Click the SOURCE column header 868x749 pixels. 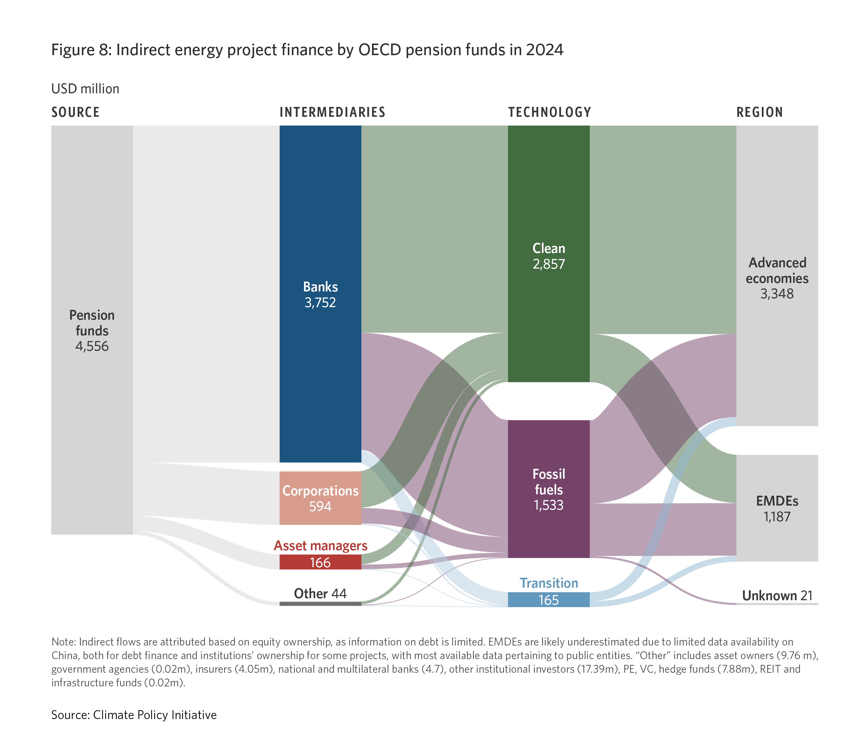[x=76, y=112]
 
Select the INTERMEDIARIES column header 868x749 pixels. [x=332, y=112]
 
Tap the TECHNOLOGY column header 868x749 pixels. [x=550, y=112]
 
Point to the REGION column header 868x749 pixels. [x=759, y=112]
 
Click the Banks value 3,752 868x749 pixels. [x=320, y=302]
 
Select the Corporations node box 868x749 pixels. [x=320, y=498]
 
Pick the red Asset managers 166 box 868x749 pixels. [x=320, y=562]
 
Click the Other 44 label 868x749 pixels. [x=320, y=594]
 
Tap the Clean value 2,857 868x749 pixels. [x=549, y=264]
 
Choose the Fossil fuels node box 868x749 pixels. [x=549, y=489]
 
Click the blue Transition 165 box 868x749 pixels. [x=549, y=600]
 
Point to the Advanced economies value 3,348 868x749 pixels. [x=777, y=294]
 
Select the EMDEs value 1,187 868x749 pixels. [x=777, y=516]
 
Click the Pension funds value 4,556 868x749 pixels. [x=92, y=347]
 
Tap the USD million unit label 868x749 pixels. [x=85, y=89]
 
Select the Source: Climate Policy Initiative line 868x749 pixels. [x=134, y=715]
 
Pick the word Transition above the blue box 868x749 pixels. [x=549, y=583]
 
